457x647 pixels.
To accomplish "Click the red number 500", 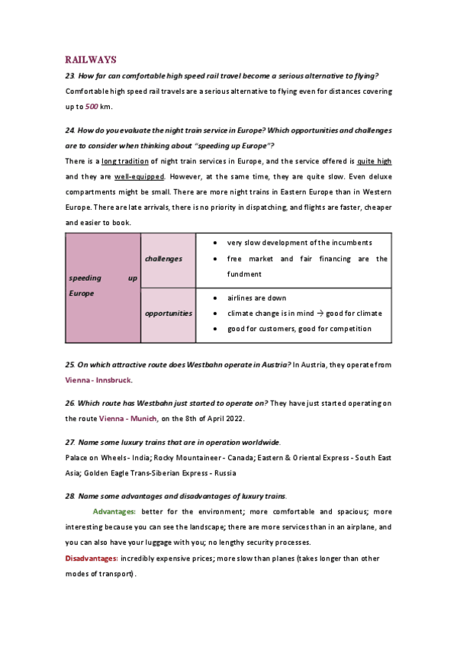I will (91, 106).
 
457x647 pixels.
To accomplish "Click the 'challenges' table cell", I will (164, 259).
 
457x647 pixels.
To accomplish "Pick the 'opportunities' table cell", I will (169, 313).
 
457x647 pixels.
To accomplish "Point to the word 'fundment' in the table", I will (244, 274).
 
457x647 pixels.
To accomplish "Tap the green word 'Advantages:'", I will (114, 511).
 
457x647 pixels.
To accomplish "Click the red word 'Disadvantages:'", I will (89, 558).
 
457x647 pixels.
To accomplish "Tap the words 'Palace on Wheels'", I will (96, 458).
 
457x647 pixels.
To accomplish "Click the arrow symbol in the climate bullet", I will (321, 313).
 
